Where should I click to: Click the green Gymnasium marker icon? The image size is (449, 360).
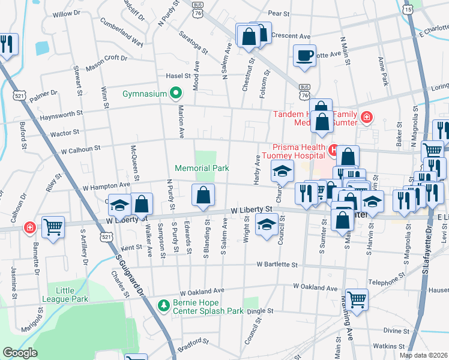click(x=175, y=94)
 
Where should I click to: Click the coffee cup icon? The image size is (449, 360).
click(x=304, y=55)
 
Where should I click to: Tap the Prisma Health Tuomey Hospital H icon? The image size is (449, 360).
click(x=334, y=148)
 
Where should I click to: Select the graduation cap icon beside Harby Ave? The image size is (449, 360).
click(x=282, y=172)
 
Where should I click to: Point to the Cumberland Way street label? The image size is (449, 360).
click(x=121, y=34)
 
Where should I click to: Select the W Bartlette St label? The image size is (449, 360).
click(x=277, y=264)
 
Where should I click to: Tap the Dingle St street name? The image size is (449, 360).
click(x=260, y=311)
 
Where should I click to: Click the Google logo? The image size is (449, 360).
click(x=20, y=353)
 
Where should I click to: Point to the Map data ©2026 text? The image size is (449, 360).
click(x=423, y=355)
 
